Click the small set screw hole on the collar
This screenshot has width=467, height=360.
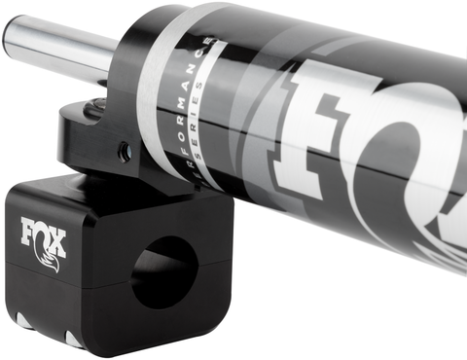click(x=125, y=152)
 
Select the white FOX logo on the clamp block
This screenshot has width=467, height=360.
click(x=44, y=237)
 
